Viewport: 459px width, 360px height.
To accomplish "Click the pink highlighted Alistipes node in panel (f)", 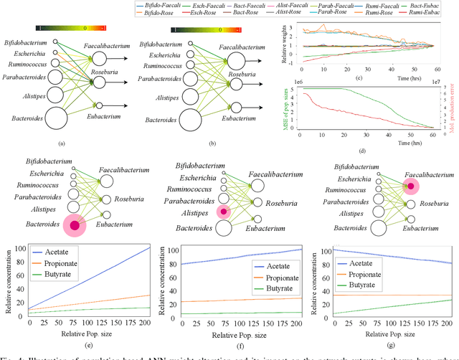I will click(x=224, y=212).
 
